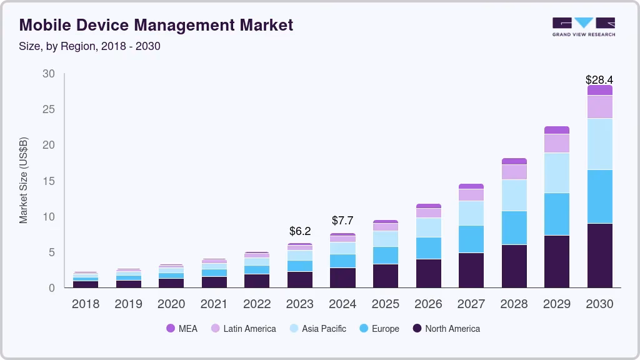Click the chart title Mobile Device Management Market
(156, 26)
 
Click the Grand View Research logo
(583, 27)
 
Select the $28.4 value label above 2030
(599, 80)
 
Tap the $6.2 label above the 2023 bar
(300, 231)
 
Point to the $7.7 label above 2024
(342, 221)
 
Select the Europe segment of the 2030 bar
(599, 196)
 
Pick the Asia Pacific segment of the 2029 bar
(557, 173)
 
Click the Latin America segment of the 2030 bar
(599, 107)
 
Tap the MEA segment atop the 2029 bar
(557, 130)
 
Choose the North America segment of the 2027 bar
(471, 270)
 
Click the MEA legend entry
(181, 329)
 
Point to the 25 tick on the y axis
(48, 110)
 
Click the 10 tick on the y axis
(48, 217)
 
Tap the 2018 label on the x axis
(85, 304)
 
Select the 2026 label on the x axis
(428, 304)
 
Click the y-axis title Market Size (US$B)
(24, 179)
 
